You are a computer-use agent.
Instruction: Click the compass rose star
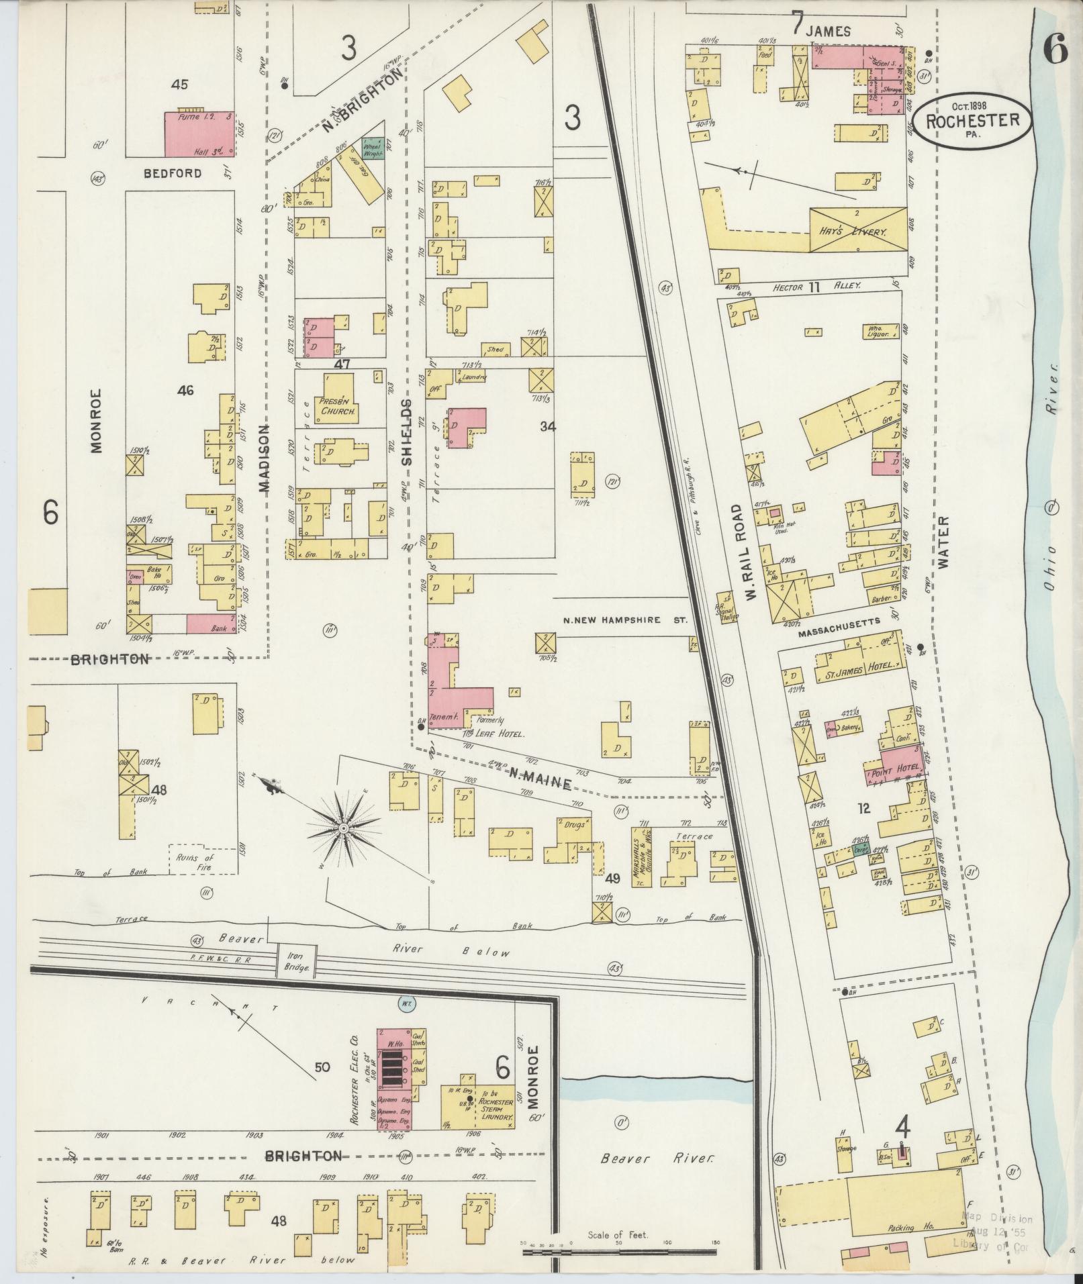click(344, 830)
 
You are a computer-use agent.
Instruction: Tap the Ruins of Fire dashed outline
click(203, 862)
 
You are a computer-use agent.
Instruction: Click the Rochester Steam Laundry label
click(498, 1105)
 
